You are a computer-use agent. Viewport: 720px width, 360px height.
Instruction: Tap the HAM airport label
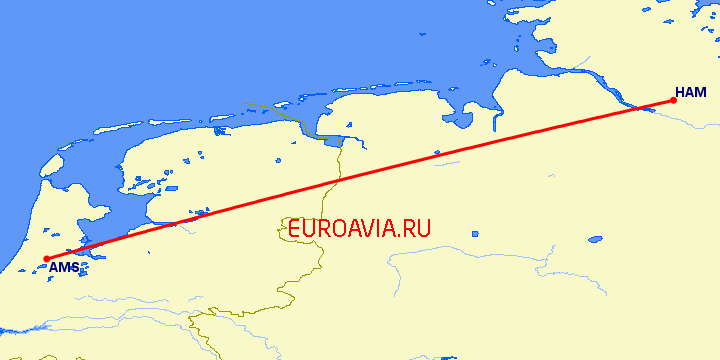click(x=690, y=92)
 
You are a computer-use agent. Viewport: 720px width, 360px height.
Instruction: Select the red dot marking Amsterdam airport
click(x=47, y=258)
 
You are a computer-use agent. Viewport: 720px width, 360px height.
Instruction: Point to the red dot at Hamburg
click(x=673, y=100)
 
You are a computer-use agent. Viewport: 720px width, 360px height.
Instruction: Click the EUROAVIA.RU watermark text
click(x=358, y=228)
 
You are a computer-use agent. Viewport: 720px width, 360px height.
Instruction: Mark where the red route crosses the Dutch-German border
click(x=337, y=182)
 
